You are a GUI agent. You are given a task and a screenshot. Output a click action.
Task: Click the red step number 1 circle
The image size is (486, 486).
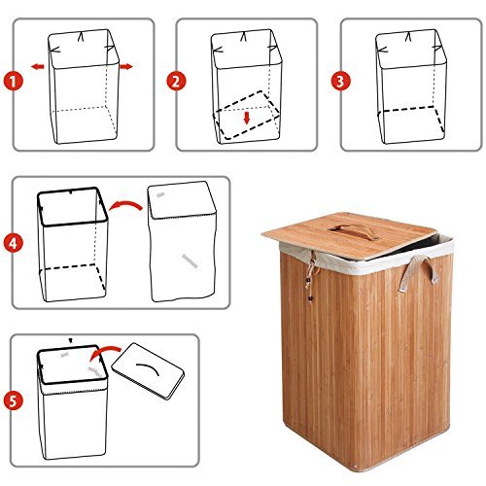[x=14, y=81]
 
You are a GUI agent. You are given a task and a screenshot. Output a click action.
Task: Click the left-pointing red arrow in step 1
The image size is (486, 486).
[x=36, y=67]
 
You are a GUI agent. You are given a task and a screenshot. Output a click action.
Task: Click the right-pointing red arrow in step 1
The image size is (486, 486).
[x=126, y=67]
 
